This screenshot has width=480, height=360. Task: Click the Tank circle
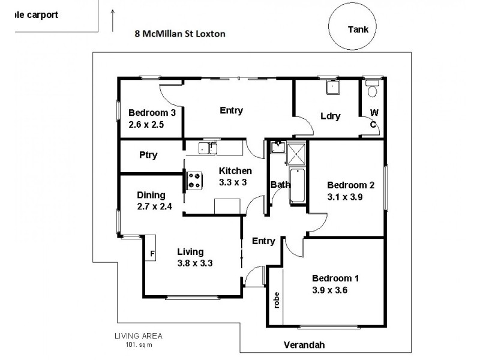coord(358,28)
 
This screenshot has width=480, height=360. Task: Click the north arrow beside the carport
coord(113,20)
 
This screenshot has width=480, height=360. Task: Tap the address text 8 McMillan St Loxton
coord(180,34)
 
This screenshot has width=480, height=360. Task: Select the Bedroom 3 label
coord(152,112)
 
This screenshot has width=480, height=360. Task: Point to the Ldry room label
coord(331,116)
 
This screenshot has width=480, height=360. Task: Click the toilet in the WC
coord(373,91)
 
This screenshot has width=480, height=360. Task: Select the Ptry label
coord(148,155)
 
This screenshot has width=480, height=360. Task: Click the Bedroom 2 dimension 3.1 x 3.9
coord(350,197)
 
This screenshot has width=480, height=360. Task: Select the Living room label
coord(190,251)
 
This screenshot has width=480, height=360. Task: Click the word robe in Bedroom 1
coord(277,299)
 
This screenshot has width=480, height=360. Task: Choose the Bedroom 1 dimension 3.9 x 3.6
coord(329,290)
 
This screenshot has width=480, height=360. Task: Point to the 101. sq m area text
coord(139,344)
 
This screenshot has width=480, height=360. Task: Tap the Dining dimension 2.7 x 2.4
coord(154,207)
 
